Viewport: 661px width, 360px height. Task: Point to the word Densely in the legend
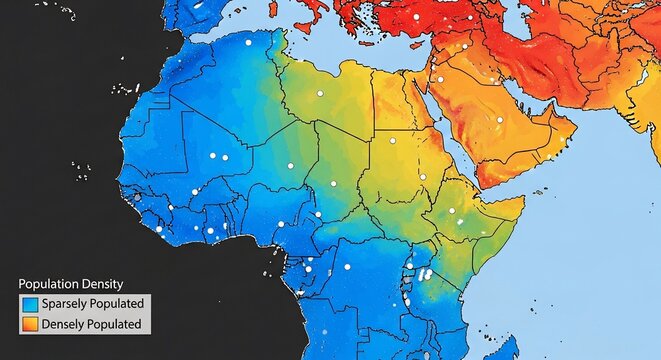[x=64, y=324]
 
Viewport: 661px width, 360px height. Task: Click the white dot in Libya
[x=320, y=93]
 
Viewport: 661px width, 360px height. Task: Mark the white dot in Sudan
[x=392, y=142]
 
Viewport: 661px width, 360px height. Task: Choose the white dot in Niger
[x=290, y=165]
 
